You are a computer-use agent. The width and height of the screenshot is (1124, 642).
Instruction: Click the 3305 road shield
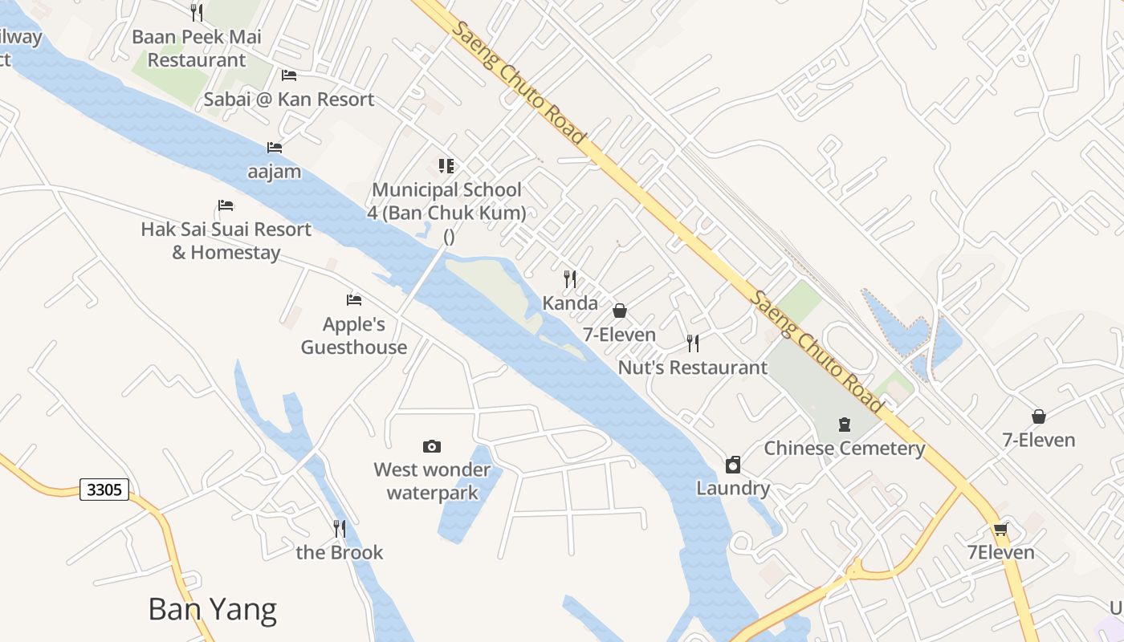[x=104, y=490]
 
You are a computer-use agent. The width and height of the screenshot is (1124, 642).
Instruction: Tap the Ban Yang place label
[x=213, y=610]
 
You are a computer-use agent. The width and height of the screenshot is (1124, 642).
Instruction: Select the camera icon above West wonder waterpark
[x=432, y=446]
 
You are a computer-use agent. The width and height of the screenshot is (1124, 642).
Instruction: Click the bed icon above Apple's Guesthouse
[x=354, y=300]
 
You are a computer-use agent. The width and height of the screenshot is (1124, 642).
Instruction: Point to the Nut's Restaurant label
[x=693, y=368]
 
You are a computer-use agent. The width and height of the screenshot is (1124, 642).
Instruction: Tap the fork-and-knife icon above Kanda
[x=570, y=278]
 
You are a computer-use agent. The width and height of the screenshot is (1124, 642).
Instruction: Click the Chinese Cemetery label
[x=845, y=449]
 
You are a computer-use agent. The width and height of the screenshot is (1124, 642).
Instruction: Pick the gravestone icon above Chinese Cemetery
[x=844, y=424]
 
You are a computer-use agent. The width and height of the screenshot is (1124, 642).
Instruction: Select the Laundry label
[x=733, y=488]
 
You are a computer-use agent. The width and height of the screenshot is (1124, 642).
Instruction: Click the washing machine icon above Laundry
[x=732, y=465]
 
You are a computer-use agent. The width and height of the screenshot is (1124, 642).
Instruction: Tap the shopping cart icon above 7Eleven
[x=1000, y=530]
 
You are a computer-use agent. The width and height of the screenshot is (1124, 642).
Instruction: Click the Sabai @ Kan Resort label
[x=289, y=100]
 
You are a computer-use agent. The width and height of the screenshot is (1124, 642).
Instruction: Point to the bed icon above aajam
[x=275, y=148]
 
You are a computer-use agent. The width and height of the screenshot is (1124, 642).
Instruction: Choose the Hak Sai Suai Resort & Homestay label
[x=226, y=241]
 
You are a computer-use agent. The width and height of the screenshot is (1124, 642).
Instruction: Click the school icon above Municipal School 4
[x=446, y=166]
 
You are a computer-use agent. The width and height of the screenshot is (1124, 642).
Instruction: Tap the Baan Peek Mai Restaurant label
[x=197, y=48]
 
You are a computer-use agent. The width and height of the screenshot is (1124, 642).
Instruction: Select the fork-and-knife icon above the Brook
[x=340, y=528]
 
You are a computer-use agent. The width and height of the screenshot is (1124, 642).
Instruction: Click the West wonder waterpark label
[x=432, y=481]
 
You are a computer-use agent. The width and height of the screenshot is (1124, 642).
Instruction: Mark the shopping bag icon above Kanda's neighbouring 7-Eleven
[x=620, y=311]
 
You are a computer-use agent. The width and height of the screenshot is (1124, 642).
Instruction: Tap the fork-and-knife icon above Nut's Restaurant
[x=693, y=343]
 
